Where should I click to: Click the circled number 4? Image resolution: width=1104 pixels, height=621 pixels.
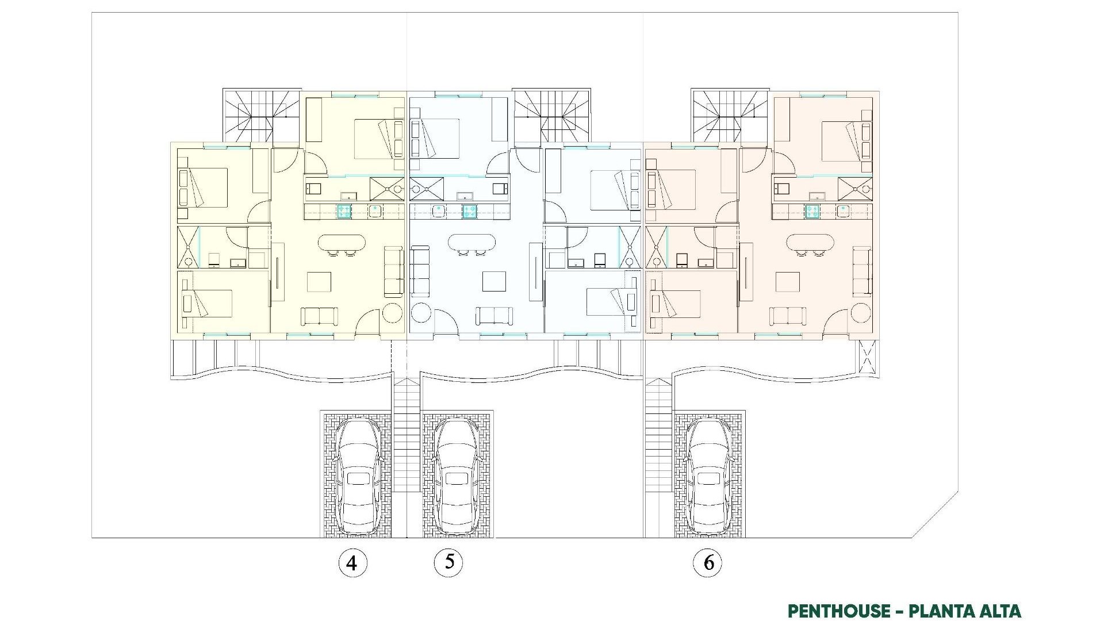click(352, 563)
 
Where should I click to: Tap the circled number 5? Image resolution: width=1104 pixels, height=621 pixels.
click(448, 562)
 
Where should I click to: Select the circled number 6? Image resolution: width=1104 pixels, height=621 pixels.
click(708, 562)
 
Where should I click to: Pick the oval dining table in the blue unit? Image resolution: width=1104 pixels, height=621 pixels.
click(471, 243)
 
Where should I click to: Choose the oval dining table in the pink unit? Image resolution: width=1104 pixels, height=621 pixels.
click(810, 243)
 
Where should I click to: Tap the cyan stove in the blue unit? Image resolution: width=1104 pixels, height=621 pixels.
click(469, 211)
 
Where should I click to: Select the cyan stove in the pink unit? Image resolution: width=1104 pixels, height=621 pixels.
click(812, 211)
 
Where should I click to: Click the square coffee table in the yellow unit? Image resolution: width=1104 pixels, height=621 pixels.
click(319, 282)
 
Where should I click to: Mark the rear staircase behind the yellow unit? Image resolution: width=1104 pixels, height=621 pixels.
click(262, 115)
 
